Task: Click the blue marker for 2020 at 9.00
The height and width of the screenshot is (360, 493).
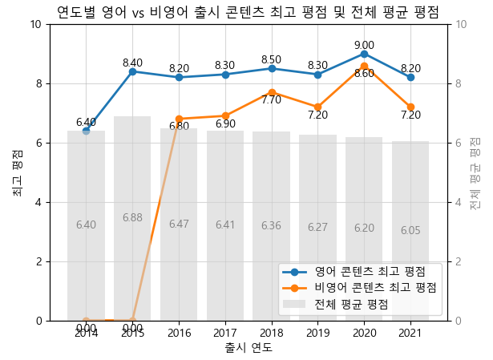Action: [364, 54]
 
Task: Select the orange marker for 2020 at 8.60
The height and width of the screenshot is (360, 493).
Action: [364, 66]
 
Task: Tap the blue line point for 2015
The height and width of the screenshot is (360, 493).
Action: [132, 71]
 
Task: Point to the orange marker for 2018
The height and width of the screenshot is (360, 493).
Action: [271, 92]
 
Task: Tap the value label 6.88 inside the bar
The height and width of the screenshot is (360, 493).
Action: [132, 218]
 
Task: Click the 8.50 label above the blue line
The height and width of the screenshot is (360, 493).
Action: [271, 59]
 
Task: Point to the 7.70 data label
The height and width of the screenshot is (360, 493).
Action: [271, 101]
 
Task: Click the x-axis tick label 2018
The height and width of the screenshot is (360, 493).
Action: [271, 333]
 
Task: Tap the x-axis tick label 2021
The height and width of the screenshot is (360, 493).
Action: [410, 333]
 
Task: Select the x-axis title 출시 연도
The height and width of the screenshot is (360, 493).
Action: [249, 348]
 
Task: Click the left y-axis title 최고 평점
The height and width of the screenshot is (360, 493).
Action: [17, 172]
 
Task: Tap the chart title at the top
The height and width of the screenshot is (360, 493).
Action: [248, 11]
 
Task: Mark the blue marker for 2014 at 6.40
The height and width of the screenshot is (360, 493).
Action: [86, 131]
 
